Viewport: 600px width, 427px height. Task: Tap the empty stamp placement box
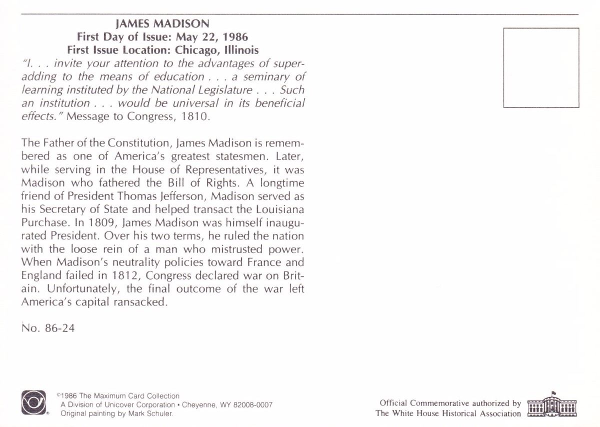tap(541, 67)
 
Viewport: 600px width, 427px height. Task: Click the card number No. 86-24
tap(48, 328)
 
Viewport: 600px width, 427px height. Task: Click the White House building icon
tap(552, 405)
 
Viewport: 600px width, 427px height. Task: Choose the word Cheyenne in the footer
tap(198, 405)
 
